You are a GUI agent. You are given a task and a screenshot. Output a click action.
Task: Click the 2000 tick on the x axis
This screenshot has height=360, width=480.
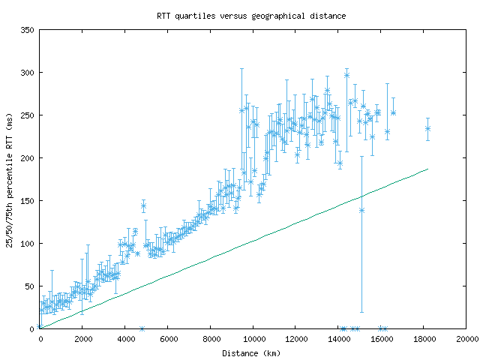pyautogui.click(x=82, y=340)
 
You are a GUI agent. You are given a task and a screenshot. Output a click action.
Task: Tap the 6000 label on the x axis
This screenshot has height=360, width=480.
pyautogui.click(x=168, y=340)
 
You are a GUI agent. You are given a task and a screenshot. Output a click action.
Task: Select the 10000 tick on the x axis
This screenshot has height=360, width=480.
pyautogui.click(x=253, y=340)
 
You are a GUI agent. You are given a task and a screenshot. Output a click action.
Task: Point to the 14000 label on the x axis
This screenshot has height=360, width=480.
pyautogui.click(x=338, y=340)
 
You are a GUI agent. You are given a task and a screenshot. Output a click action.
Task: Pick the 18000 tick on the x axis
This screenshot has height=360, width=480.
pyautogui.click(x=424, y=340)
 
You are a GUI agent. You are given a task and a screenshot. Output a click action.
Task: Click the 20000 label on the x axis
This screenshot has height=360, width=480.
pyautogui.click(x=466, y=340)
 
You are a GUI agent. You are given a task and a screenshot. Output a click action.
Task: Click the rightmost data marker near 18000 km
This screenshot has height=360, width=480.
pyautogui.click(x=427, y=128)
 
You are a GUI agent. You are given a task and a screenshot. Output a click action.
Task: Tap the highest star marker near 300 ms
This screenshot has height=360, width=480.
pyautogui.click(x=346, y=75)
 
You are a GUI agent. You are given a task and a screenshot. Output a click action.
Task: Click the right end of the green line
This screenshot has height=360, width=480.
pyautogui.click(x=427, y=169)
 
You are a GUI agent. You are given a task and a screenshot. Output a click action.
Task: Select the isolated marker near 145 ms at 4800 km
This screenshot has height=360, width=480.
pyautogui.click(x=143, y=205)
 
